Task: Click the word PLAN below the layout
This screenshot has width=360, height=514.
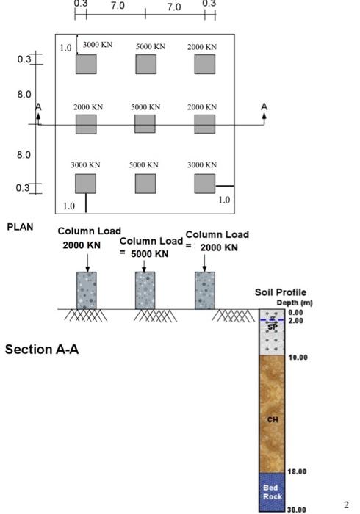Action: (x=21, y=227)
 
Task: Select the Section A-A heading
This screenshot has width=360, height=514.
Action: (x=42, y=349)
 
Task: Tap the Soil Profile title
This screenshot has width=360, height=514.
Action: (x=280, y=293)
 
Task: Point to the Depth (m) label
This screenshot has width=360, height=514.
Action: (x=294, y=303)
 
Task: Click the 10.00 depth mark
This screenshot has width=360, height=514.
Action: (x=297, y=358)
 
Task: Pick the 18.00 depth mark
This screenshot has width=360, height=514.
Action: (x=297, y=471)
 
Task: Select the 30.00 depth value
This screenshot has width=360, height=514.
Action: (x=297, y=508)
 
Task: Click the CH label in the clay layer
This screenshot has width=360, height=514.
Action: (x=272, y=420)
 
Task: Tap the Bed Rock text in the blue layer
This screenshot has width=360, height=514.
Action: (x=272, y=491)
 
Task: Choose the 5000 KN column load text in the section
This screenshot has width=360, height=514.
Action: (x=150, y=253)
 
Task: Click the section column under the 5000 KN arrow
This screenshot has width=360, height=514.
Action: (x=145, y=290)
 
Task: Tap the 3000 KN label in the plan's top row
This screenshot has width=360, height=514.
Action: (x=97, y=46)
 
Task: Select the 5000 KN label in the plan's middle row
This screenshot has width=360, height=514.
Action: (x=145, y=107)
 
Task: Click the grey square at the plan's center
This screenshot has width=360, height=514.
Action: (x=145, y=124)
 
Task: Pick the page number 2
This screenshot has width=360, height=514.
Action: (x=346, y=504)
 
